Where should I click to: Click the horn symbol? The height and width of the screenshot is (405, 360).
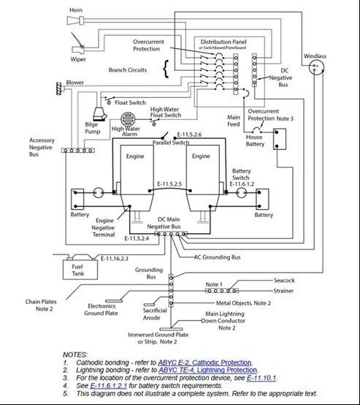(x=75, y=20)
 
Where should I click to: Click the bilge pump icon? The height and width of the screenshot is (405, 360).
(x=99, y=114)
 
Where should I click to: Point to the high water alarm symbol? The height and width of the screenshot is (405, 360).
(x=127, y=119)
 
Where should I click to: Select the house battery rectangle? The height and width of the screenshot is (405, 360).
(x=280, y=139)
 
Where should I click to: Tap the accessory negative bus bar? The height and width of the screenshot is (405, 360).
(x=78, y=151)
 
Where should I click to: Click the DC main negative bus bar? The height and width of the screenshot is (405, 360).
(x=171, y=234)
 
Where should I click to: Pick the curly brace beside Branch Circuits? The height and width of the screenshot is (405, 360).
(x=166, y=69)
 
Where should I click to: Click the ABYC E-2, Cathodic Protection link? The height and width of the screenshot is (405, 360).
(x=204, y=363)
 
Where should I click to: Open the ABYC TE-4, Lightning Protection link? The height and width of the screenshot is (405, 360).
(x=207, y=370)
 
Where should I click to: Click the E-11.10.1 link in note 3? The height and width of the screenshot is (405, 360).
(x=261, y=378)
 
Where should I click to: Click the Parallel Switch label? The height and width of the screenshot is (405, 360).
(x=171, y=143)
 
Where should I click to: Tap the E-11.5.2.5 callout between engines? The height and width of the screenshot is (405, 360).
(x=169, y=184)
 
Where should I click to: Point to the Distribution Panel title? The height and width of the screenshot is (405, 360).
(x=223, y=42)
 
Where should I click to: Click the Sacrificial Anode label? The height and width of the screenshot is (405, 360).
(x=155, y=314)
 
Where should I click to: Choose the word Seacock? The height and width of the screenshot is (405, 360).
(x=284, y=280)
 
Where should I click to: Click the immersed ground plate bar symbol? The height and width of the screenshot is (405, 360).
(x=171, y=329)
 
